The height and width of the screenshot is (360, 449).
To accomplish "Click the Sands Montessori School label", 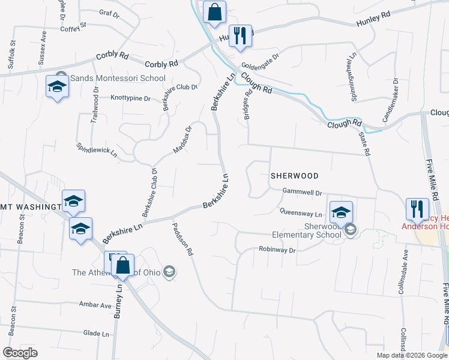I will tap(118, 78).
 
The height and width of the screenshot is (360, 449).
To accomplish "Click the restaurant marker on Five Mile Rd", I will tap(417, 209).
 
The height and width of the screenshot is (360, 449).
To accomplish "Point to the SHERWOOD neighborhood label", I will tap(294, 176).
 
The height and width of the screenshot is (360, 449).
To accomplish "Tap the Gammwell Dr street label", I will tap(303, 193).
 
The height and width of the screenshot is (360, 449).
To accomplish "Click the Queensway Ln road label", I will tap(301, 213).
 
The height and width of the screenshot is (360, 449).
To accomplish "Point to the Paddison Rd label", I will tap(182, 240).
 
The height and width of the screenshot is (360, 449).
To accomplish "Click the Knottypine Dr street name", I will tap(130, 97).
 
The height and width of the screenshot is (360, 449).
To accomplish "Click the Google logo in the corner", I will tap(20, 353).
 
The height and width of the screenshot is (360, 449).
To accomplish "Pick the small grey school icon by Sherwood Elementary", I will tap(351, 230).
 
